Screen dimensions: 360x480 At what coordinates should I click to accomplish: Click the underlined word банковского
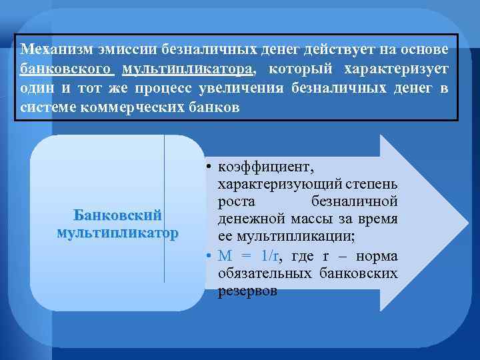tap(67, 69)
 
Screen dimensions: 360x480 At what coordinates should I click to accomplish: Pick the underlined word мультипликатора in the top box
tap(187, 69)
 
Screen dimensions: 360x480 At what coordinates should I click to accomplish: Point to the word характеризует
tap(396, 69)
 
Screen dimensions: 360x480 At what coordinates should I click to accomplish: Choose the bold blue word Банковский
tap(117, 216)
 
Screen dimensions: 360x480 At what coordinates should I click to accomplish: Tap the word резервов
tap(247, 292)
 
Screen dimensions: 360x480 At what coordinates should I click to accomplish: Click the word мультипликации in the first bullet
tap(286, 237)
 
